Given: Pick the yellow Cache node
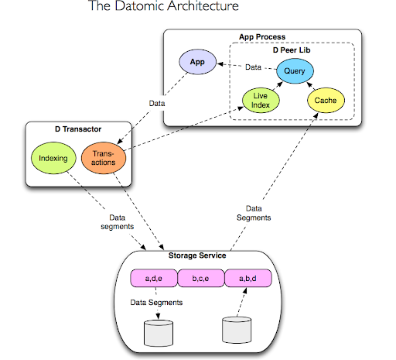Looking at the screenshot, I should [325, 101].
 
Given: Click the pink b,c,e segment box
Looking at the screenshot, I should [200, 276].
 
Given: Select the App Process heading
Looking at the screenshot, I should [263, 36].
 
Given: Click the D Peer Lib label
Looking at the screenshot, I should [295, 49].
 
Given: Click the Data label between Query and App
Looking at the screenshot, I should [254, 68].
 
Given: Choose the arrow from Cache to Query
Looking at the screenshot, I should [312, 86].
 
